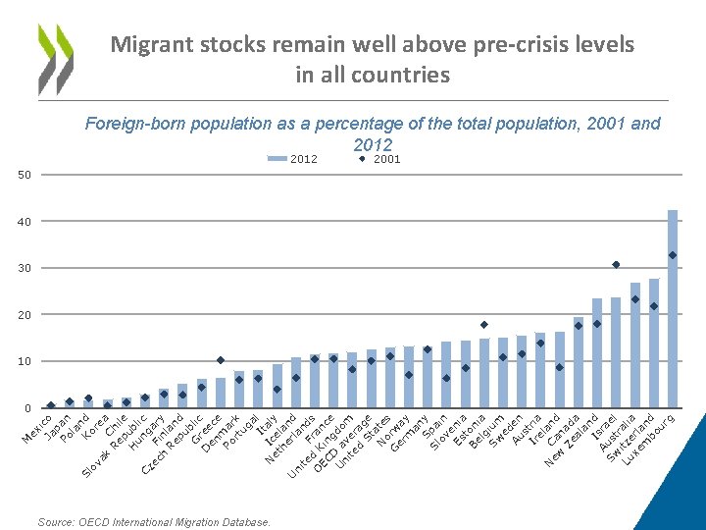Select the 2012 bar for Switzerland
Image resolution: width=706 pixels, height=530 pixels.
coord(654,344)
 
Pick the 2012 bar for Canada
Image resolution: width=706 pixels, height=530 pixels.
coord(579,362)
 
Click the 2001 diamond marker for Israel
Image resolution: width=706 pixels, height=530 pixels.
coord(616,264)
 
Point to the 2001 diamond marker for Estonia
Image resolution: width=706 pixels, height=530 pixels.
coord(483,324)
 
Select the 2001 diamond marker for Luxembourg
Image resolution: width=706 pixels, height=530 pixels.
coord(673,255)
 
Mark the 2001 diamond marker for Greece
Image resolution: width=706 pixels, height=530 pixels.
coord(221,360)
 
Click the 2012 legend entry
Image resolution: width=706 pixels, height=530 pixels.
coord(291,159)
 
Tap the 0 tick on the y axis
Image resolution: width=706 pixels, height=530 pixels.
coord(27,408)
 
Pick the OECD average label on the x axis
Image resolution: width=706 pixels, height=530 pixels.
coord(338,447)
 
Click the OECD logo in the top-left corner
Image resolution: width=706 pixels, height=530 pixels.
coord(55,59)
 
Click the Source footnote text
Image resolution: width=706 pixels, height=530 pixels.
coord(154,522)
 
